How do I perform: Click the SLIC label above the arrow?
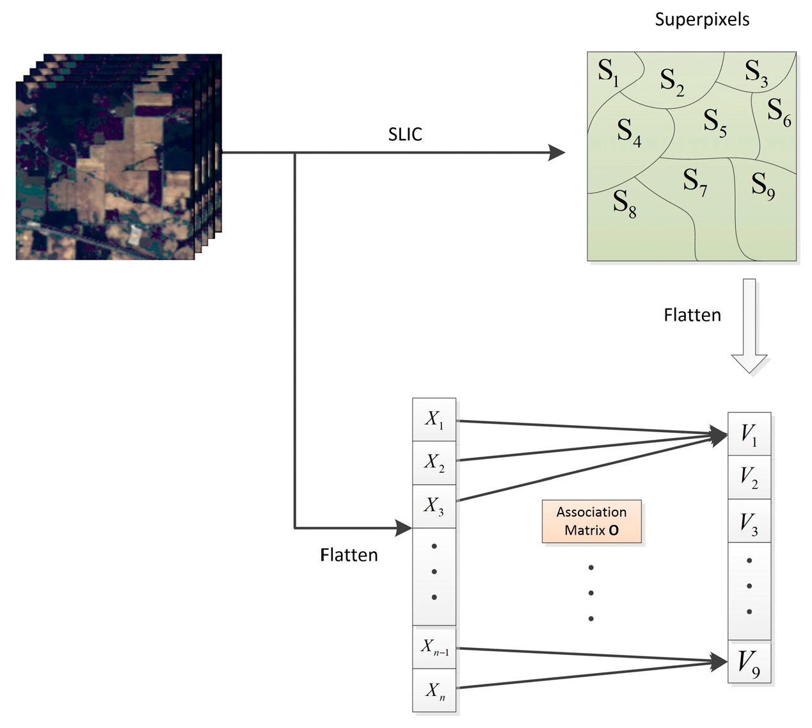tap(405, 134)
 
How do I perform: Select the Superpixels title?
tap(702, 20)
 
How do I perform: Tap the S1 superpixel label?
tap(608, 72)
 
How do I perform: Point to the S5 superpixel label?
tap(715, 122)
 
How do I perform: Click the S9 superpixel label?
tap(763, 186)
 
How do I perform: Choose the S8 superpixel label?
tap(625, 204)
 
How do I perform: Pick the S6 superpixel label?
tap(779, 111)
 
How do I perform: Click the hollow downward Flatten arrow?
tap(749, 325)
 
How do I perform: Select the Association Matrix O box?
tap(591, 521)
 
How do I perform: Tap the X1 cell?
tap(434, 419)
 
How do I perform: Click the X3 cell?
tap(434, 506)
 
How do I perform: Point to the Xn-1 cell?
tap(434, 647)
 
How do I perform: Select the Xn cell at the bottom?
tap(434, 691)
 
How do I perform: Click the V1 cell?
tap(749, 434)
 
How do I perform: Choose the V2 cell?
tap(749, 478)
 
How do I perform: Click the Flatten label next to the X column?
tap(349, 554)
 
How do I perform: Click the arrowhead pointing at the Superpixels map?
tap(557, 153)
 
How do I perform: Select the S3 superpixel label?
tap(756, 72)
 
